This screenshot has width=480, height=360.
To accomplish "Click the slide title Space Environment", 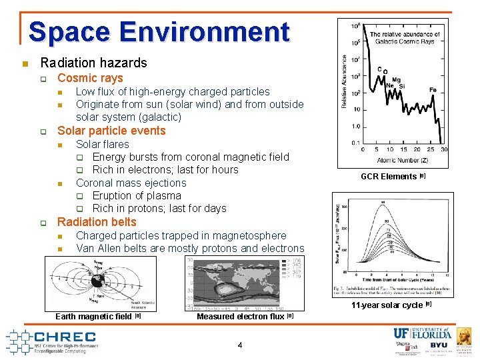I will pos(159,32).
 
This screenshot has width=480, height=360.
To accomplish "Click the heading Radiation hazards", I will pos(93,63).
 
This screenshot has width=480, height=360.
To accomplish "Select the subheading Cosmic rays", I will pos(90,78).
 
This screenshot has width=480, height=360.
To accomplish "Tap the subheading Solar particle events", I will pos(111,131).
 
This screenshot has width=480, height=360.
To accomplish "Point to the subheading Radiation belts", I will pos(97,222).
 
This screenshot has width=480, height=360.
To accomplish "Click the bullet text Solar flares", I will pos(102,144).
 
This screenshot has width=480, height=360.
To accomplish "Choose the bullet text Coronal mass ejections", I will pos(131,183).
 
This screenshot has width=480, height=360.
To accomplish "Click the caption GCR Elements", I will pos(389,177).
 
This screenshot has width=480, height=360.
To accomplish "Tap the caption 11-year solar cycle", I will pos(387,305).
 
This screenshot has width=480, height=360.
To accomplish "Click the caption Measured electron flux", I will pos(241,317).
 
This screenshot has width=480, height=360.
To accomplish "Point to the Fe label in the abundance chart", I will pos(433,90).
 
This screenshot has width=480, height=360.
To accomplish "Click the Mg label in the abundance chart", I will pos(397,79).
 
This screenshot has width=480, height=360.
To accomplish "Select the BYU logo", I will pos(439,345).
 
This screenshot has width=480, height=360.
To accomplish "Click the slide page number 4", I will pos(240,345).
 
